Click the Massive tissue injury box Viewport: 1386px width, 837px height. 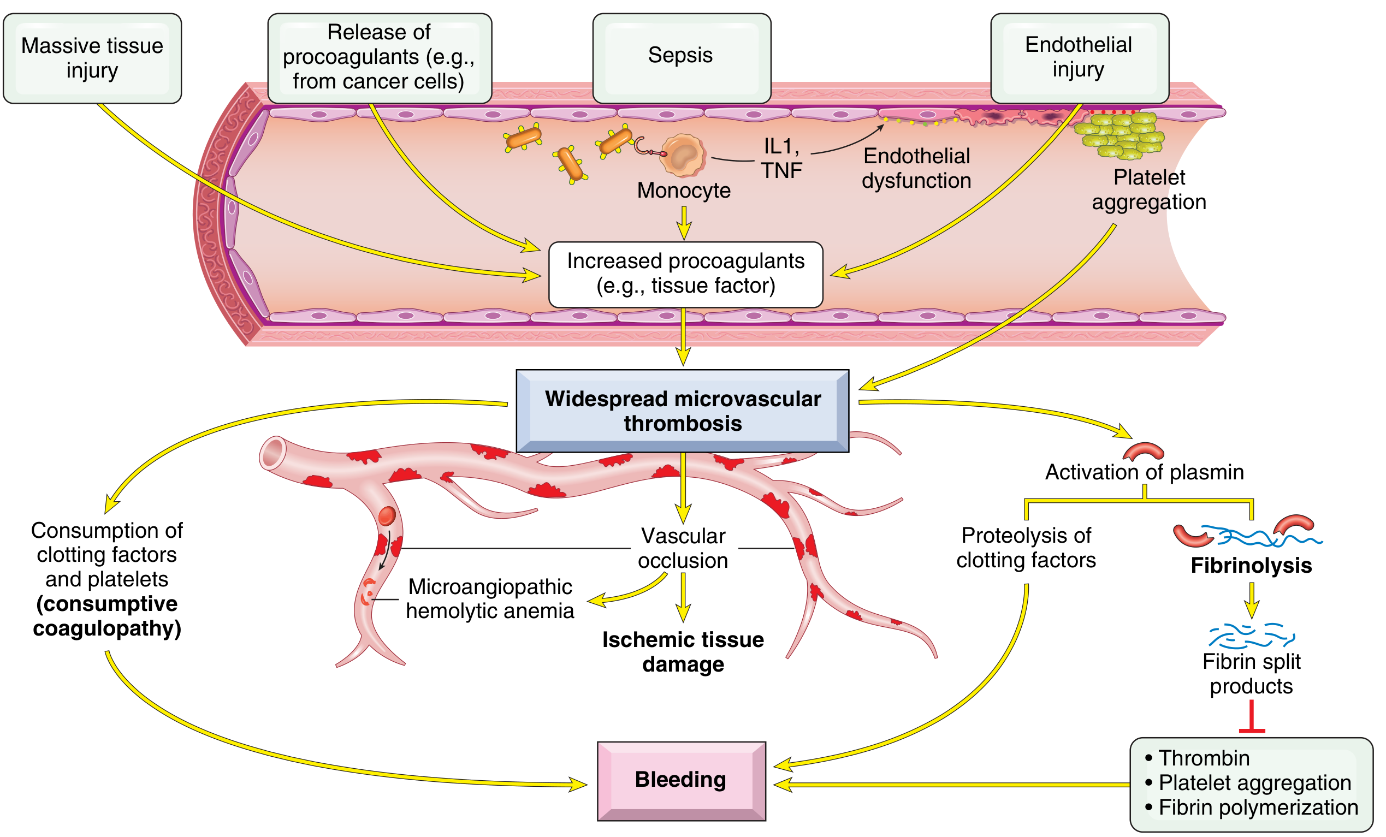point(92,58)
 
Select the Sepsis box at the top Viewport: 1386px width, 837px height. point(681,57)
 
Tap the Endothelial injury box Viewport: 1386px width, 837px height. point(1079,57)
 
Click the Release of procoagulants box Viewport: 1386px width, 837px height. point(379,57)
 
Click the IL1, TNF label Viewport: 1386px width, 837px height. point(781,158)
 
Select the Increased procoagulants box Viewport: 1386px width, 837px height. point(686,274)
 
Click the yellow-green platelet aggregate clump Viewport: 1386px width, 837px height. point(1120,135)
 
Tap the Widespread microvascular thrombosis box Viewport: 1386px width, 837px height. point(682,411)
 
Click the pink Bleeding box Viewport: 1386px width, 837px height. point(681,780)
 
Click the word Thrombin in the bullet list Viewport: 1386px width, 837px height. point(1204,758)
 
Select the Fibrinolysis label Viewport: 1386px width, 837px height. point(1251,565)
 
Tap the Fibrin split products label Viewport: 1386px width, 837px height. point(1251,674)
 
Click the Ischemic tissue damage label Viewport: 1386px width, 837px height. point(683,652)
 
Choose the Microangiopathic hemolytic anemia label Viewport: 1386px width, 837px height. point(490,599)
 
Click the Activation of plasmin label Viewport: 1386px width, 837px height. point(1144,472)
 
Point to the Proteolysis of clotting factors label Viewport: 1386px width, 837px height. point(1026,547)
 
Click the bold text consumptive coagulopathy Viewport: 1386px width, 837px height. point(107,616)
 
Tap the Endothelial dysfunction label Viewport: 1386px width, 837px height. point(916,168)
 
